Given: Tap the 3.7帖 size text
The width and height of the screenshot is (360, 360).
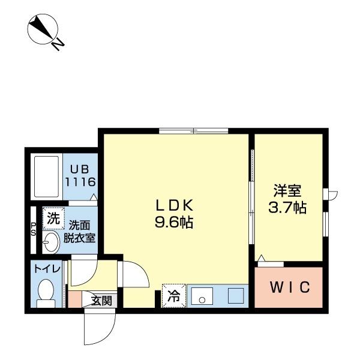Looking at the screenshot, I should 287,208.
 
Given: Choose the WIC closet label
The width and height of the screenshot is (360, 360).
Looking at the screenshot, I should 290,287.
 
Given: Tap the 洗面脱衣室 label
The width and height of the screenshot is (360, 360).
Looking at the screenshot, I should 80,231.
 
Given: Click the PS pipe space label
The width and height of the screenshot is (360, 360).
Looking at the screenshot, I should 34,229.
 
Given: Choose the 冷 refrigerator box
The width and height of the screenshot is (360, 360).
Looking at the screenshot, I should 173,295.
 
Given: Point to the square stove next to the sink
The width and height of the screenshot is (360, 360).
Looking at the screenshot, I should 235,296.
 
